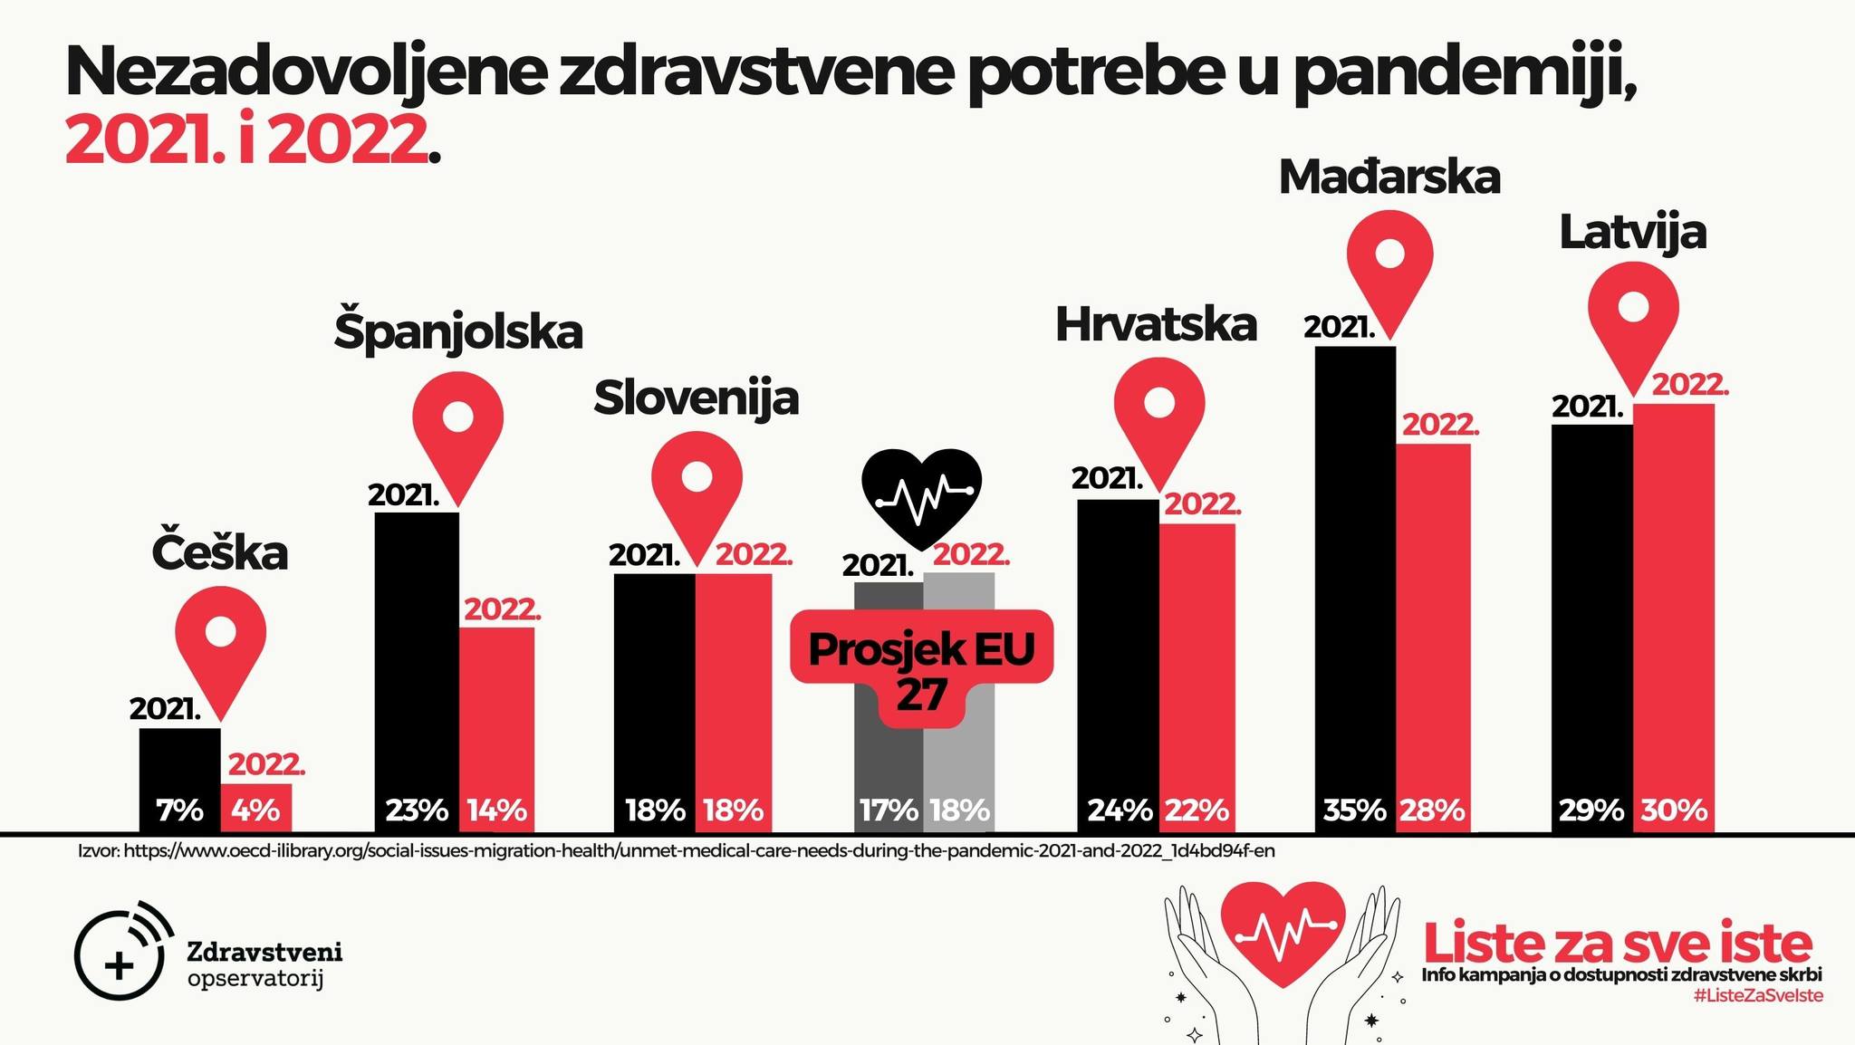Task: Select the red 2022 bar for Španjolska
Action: click(x=496, y=715)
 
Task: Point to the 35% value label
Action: click(x=1354, y=810)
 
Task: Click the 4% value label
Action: click(x=255, y=810)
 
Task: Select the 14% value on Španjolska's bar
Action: click(x=496, y=810)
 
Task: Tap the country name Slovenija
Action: click(x=696, y=398)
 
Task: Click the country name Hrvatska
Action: click(x=1156, y=325)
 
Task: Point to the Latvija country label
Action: click(x=1632, y=233)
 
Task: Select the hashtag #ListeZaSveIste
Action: click(x=1757, y=996)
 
